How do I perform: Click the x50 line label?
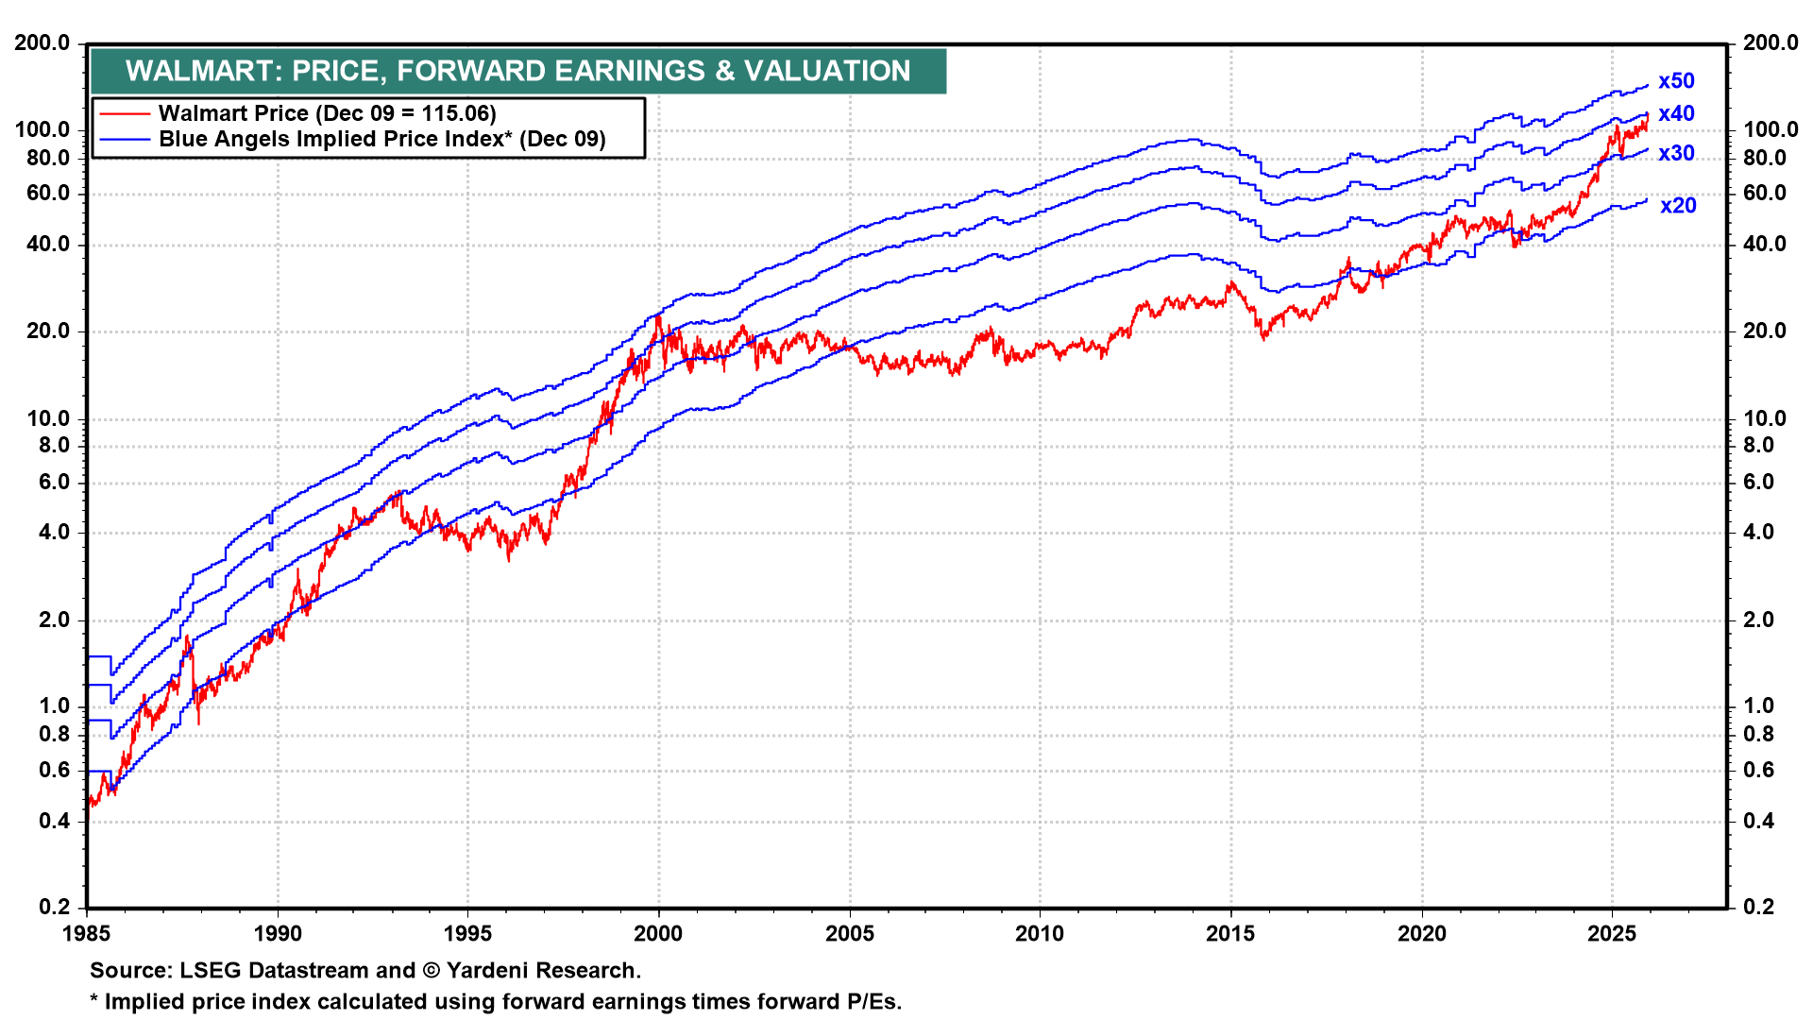click(x=1676, y=81)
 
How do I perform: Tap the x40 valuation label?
click(x=1676, y=113)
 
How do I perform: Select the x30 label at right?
click(x=1676, y=153)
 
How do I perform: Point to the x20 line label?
click(x=1678, y=205)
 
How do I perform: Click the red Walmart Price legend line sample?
click(x=125, y=113)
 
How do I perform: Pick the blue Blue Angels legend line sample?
click(x=125, y=140)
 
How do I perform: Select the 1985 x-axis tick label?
click(x=87, y=934)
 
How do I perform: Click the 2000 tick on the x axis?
click(x=658, y=934)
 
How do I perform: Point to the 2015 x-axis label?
click(x=1230, y=934)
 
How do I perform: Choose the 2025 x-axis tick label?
click(x=1612, y=934)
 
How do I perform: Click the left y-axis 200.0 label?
click(x=42, y=42)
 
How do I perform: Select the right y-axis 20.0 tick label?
click(x=1764, y=331)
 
